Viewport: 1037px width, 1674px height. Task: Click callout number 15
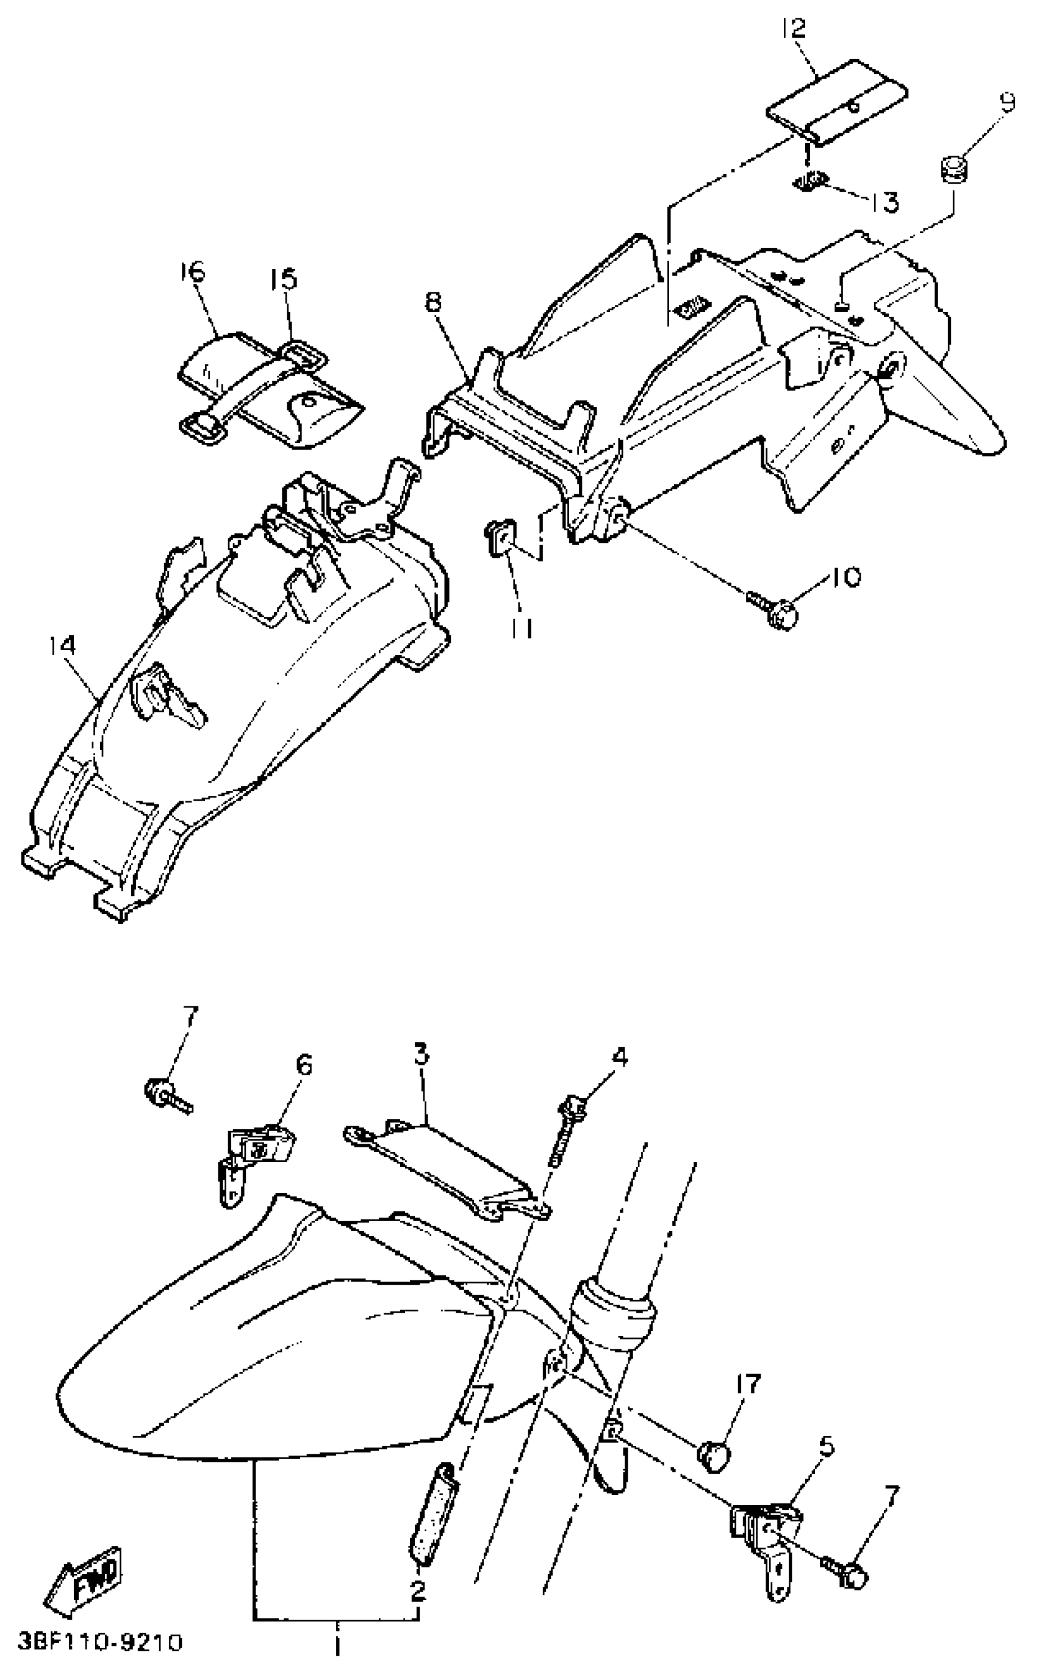point(283,280)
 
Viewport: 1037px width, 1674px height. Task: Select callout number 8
point(434,303)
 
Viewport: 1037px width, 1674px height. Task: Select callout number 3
point(420,1053)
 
